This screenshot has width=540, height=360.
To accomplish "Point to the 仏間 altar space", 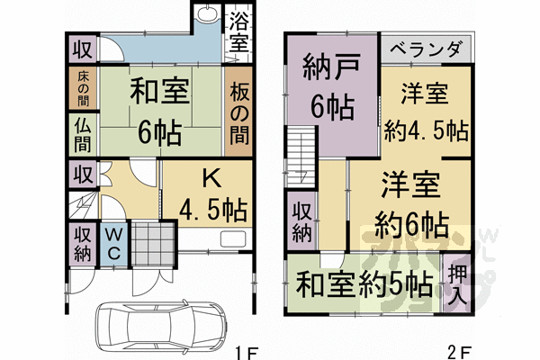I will click(x=81, y=134).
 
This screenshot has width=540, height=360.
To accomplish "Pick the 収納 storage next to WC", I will click(x=82, y=242).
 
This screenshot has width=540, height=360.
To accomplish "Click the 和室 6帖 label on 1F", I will click(x=158, y=112).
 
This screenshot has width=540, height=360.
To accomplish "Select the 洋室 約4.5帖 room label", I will click(x=425, y=111).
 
